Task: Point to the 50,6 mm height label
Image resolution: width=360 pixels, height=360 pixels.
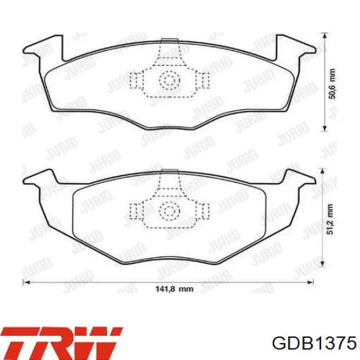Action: point(332,83)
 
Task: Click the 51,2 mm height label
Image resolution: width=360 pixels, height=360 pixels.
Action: point(330,219)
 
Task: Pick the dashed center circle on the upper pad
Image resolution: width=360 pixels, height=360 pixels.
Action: point(170,80)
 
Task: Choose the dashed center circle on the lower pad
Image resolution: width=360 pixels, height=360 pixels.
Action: point(170,211)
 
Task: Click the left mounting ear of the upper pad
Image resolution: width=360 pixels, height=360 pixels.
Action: point(44,49)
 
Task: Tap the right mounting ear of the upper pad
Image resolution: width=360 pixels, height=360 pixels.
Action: point(295,49)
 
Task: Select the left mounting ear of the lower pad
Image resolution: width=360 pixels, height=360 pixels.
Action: point(40,177)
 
